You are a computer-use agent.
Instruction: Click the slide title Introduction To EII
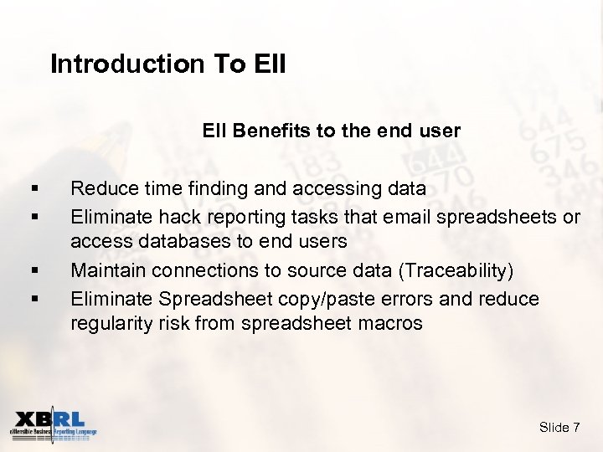pyautogui.click(x=167, y=64)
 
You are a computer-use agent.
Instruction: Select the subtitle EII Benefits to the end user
pyautogui.click(x=331, y=131)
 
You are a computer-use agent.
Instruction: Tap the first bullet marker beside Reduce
pyautogui.click(x=33, y=190)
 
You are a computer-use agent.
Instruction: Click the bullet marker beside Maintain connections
pyautogui.click(x=33, y=271)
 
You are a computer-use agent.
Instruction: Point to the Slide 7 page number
pyautogui.click(x=559, y=428)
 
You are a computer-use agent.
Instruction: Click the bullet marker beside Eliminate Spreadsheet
pyautogui.click(x=33, y=299)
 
